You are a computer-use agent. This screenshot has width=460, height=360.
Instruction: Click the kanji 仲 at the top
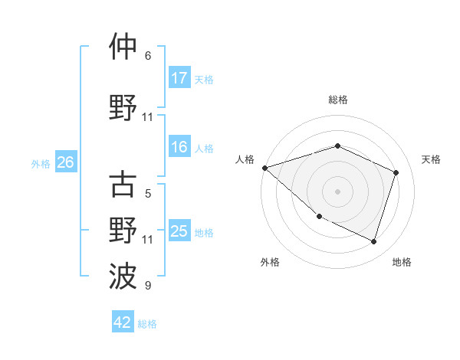click(x=123, y=47)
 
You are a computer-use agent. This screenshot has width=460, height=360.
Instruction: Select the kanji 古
click(x=123, y=185)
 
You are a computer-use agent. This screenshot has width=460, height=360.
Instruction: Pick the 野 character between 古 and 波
click(x=123, y=231)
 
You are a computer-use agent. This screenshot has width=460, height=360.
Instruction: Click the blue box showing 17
click(x=179, y=78)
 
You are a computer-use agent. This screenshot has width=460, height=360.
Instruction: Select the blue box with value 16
click(x=179, y=148)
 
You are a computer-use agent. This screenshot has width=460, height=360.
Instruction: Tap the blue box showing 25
click(x=179, y=231)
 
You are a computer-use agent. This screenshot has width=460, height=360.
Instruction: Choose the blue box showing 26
click(x=65, y=162)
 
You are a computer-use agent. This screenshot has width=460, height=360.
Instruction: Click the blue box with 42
click(x=123, y=322)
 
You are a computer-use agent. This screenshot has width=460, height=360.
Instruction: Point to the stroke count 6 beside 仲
click(x=148, y=56)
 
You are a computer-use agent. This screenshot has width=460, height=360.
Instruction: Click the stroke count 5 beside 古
click(x=148, y=194)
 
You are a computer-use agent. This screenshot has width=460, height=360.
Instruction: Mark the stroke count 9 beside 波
click(x=148, y=286)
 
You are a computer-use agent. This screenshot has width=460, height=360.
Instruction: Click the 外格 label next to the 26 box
click(x=41, y=163)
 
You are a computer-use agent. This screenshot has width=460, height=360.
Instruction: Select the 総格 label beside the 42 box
click(x=147, y=323)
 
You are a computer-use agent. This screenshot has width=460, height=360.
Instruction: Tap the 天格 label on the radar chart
click(x=432, y=159)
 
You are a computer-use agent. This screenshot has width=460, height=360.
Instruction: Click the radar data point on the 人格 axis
click(x=264, y=168)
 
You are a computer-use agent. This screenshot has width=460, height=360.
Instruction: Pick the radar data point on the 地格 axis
click(x=373, y=242)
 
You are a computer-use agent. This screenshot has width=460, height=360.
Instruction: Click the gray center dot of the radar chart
click(x=337, y=191)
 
